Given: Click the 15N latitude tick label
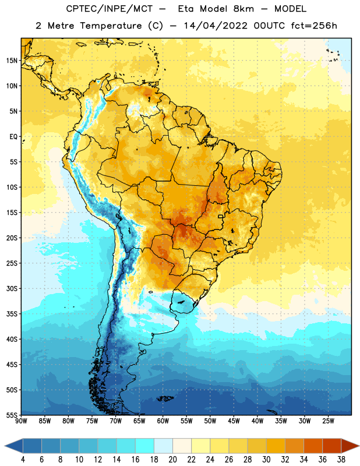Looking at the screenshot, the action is [x=12, y=61].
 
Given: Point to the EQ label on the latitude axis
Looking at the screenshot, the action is [x=13, y=137].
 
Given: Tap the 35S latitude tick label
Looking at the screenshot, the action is [x=12, y=314].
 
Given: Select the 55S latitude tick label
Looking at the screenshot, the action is [x=12, y=415].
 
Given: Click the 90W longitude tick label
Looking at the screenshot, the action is [x=21, y=421].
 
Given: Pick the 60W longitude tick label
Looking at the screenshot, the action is [x=163, y=421].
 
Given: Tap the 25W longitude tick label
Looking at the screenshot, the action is [x=328, y=421].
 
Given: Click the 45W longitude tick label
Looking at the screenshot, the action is [x=234, y=421].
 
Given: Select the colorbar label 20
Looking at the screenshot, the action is [x=172, y=460].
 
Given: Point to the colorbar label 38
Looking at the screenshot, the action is [x=341, y=460].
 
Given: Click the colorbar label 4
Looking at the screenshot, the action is [x=23, y=460].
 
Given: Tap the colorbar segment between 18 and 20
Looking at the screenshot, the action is [x=163, y=446].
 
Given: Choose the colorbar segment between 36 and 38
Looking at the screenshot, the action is [x=332, y=446].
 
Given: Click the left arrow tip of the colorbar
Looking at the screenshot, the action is [x=5, y=446].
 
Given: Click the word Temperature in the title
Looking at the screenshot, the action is [x=111, y=26].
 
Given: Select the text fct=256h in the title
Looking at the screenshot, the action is [x=314, y=26].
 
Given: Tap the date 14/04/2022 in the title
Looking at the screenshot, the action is [x=216, y=26].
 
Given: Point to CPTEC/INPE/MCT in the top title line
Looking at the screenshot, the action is [x=110, y=9].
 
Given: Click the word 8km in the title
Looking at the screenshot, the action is [x=243, y=9].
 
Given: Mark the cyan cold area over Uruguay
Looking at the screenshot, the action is [x=183, y=302].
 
